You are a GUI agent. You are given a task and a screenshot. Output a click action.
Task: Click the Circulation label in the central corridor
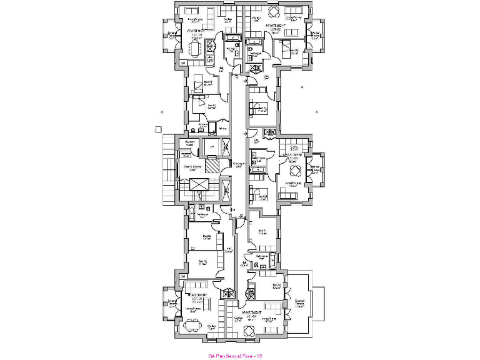pyautogui.click(x=238, y=164)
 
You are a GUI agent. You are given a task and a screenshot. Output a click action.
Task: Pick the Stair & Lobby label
pyautogui.click(x=192, y=167)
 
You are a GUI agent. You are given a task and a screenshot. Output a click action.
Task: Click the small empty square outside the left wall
pyautogui.click(x=158, y=130)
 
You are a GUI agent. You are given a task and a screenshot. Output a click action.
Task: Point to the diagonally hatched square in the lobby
pyautogui.click(x=213, y=166)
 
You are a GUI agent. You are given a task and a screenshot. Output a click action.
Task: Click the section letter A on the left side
pyautogui.click(x=161, y=112)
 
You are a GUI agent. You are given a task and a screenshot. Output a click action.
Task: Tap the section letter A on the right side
pyautogui.click(x=316, y=112)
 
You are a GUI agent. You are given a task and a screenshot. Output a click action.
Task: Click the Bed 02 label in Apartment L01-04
pyautogui.click(x=276, y=287)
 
